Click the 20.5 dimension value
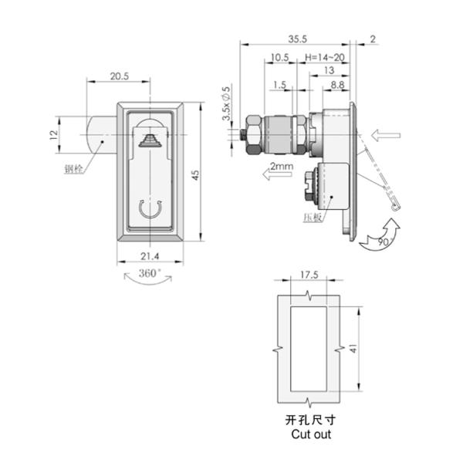119,76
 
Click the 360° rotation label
149,273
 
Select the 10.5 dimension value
279,57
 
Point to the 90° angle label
384,244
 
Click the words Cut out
310,434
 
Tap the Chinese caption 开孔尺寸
310,420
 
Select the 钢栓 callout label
76,167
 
